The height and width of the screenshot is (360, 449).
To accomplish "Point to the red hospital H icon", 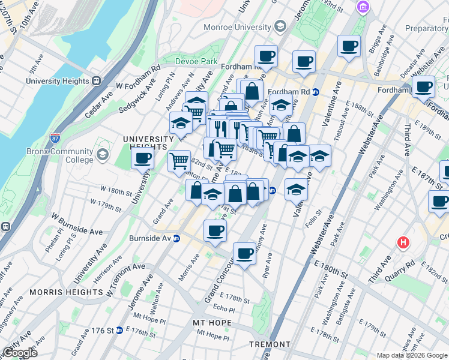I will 403,243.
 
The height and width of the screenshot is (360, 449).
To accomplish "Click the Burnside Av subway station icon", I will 176,238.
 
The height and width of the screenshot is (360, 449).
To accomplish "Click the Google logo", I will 19,353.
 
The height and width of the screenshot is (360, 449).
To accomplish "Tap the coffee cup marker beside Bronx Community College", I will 142,158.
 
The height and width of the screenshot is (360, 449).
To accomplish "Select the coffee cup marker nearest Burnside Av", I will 215,230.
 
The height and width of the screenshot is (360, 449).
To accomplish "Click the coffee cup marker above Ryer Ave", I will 244,253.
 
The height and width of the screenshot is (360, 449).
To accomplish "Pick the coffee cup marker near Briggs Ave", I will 349,46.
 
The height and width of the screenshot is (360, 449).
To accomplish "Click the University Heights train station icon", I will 95,81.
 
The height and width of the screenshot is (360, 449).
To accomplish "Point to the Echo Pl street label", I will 223,307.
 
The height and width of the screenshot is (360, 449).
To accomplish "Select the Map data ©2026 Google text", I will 411,355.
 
